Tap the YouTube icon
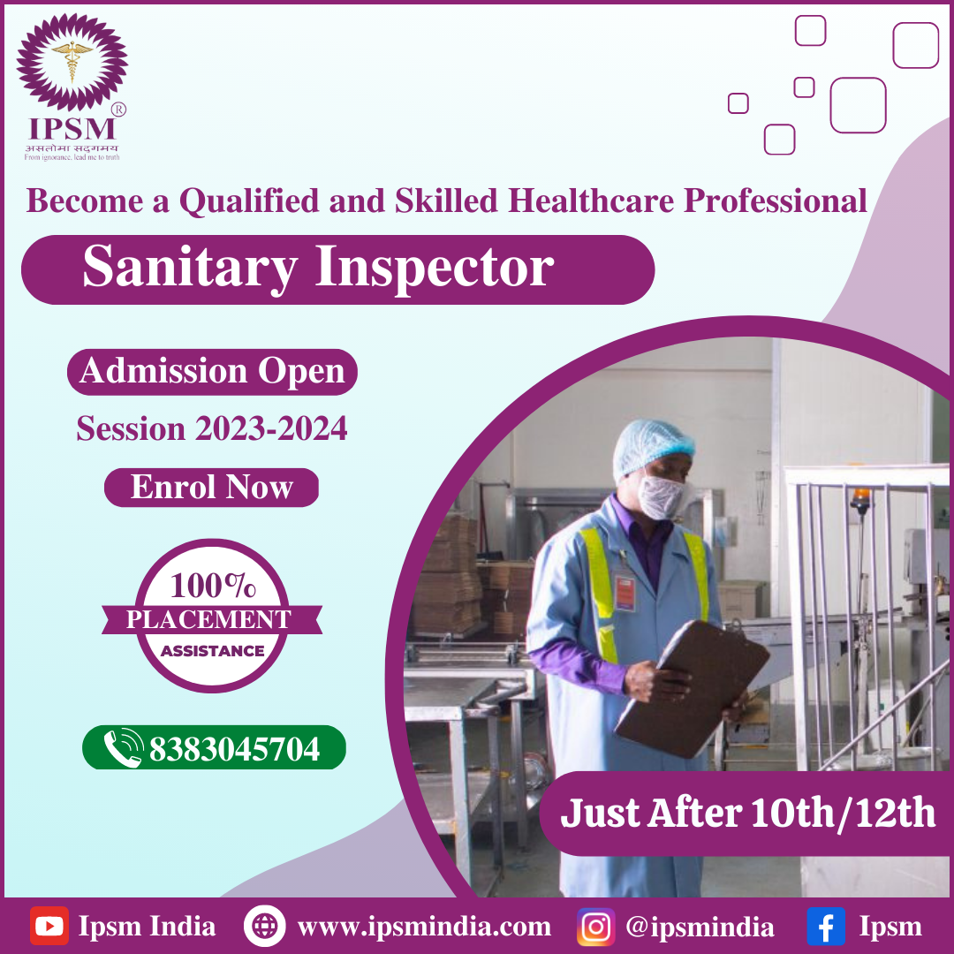49,926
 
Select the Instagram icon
595,926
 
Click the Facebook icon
826,926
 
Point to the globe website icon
264,926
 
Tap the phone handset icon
123,748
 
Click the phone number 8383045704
234,749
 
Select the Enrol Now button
211,488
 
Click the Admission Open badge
212,371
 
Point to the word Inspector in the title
435,268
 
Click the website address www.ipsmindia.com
424,927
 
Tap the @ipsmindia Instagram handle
700,927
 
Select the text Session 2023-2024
212,429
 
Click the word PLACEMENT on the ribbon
208,619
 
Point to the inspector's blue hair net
653,444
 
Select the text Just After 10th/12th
748,813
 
